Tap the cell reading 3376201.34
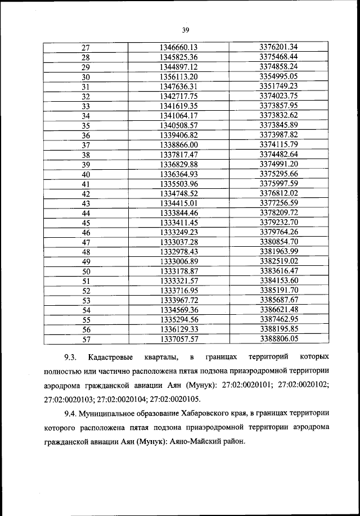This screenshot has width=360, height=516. point(278,47)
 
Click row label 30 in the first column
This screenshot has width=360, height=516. point(86,77)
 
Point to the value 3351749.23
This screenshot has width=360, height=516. point(278,86)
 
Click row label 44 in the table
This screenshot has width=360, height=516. point(86,213)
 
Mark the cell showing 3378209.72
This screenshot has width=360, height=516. point(278,212)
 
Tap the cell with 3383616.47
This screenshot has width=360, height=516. point(278,271)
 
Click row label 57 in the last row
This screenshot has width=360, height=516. point(86,340)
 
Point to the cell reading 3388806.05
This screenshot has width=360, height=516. point(278,339)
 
